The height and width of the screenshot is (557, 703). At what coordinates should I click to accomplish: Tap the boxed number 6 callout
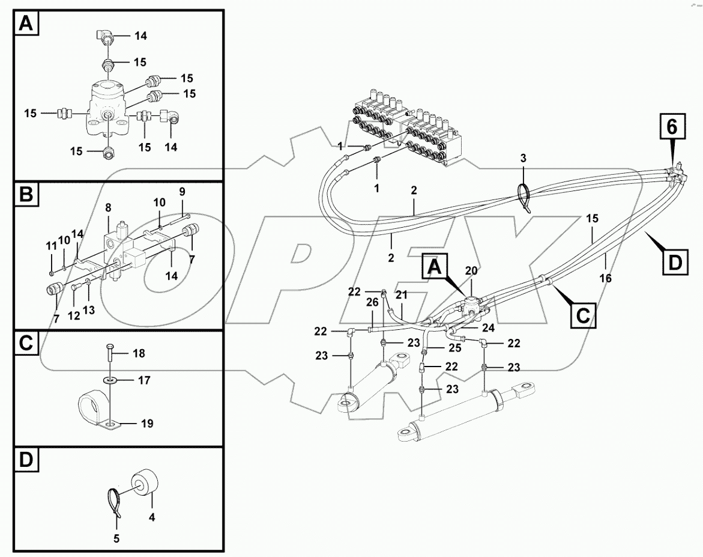tap(672, 127)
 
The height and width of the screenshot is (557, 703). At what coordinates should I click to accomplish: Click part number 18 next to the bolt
tap(139, 353)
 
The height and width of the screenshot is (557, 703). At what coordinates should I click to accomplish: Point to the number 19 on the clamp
tap(146, 424)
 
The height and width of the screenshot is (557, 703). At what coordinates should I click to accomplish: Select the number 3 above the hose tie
tap(523, 158)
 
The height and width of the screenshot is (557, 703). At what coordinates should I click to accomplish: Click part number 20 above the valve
tap(472, 271)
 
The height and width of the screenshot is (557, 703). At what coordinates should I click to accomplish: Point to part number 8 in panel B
tap(108, 208)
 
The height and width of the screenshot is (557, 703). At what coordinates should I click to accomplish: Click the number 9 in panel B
tap(183, 191)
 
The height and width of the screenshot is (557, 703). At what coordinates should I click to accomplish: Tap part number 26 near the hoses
tap(372, 303)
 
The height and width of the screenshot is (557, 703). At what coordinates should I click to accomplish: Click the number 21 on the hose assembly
tap(401, 294)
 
